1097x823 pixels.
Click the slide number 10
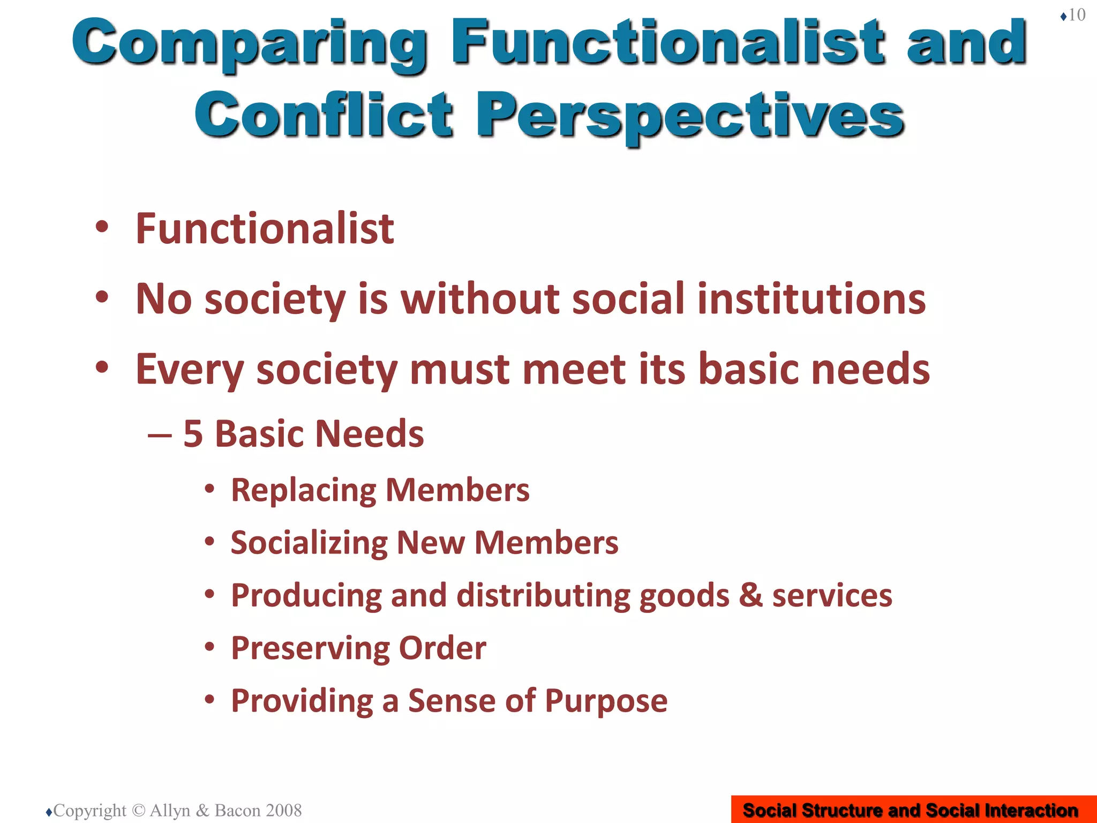coord(1077,15)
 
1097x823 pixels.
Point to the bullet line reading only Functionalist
coord(265,229)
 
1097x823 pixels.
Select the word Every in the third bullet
coord(190,370)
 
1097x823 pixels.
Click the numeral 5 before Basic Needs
coord(193,433)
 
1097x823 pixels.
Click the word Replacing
coord(303,490)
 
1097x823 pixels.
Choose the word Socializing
coord(309,543)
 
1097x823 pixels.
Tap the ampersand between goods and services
coord(750,595)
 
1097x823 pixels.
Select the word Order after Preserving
coord(442,648)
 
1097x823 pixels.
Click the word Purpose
coord(606,700)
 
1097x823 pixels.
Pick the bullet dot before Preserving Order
coord(210,647)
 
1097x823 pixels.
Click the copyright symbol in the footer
coord(138,810)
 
